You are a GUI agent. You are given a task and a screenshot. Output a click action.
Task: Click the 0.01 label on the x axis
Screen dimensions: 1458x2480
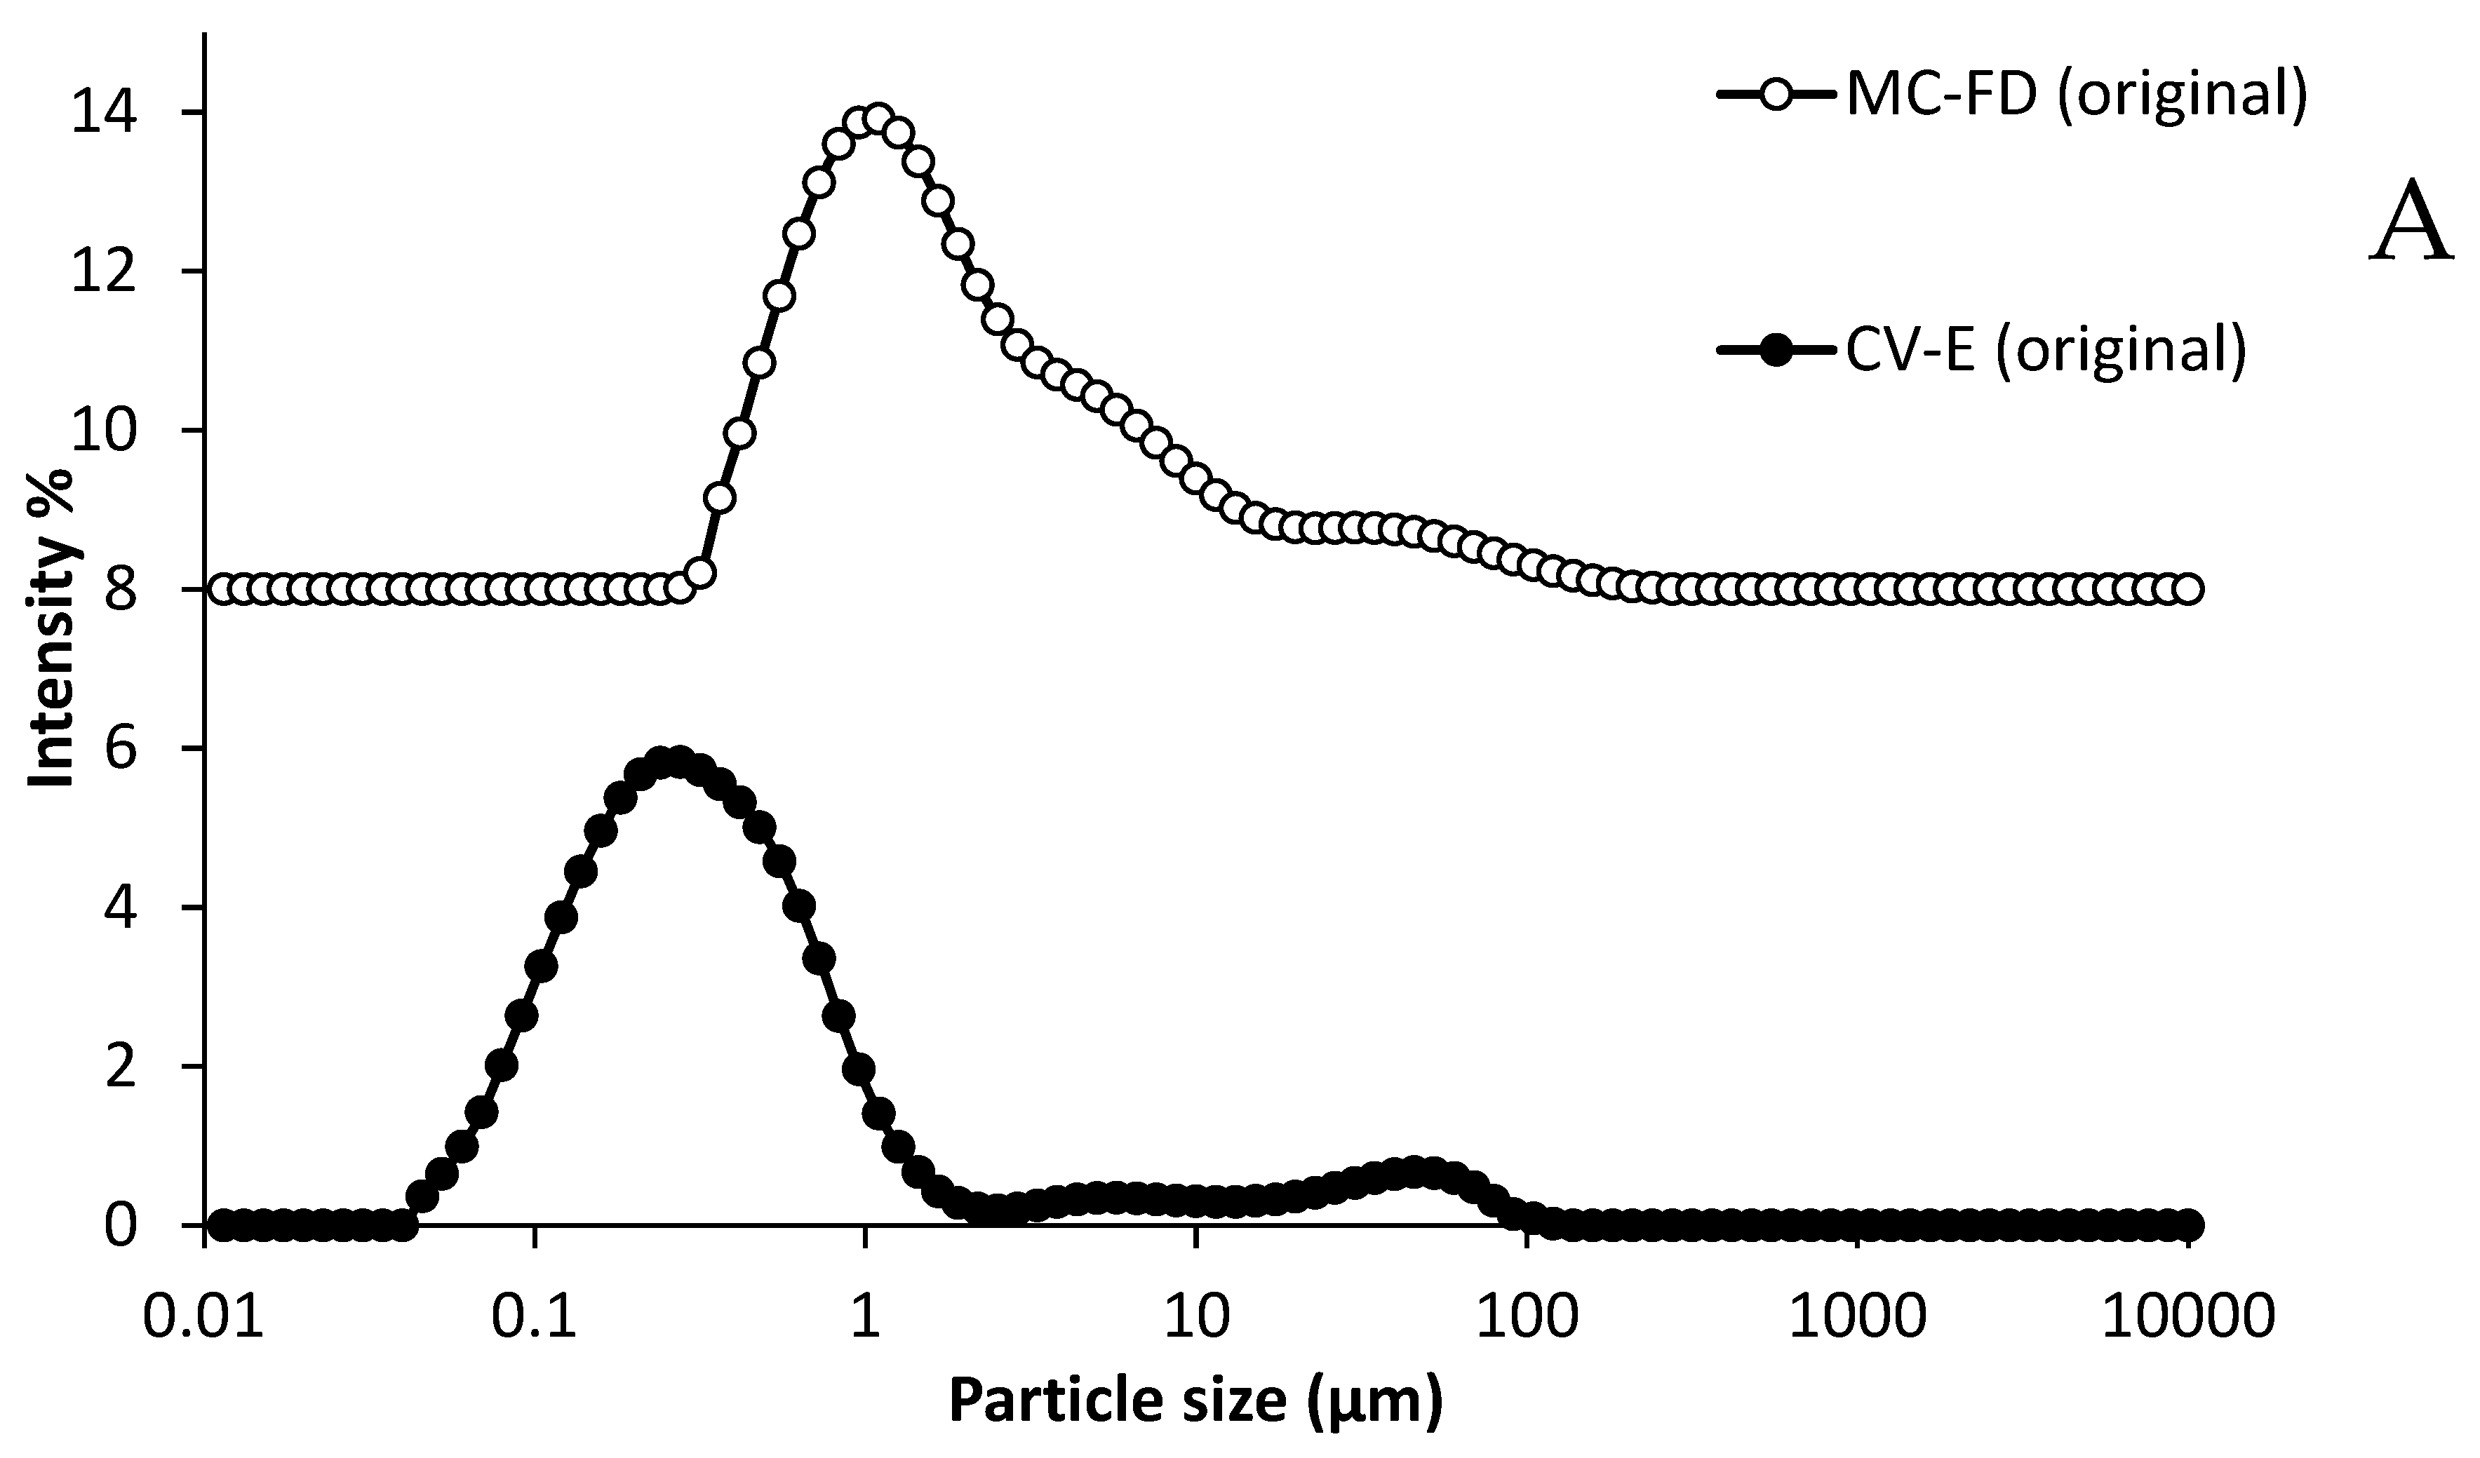(x=203, y=1316)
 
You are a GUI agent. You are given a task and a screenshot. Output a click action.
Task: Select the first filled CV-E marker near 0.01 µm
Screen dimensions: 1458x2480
(x=222, y=1225)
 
